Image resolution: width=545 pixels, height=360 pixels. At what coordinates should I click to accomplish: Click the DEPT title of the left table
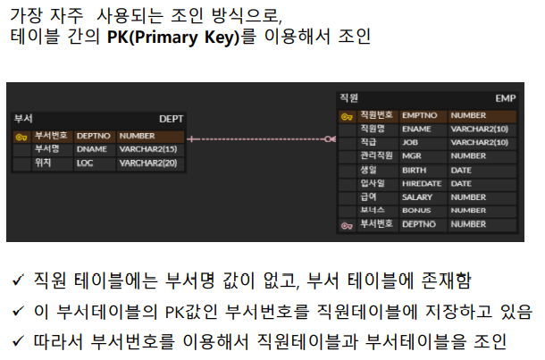coord(171,118)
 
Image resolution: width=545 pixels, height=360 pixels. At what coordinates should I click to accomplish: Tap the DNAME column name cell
coord(92,149)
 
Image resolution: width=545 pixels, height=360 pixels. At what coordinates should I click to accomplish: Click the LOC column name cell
coord(85,163)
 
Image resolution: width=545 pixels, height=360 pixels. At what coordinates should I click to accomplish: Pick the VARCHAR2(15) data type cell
coord(147,149)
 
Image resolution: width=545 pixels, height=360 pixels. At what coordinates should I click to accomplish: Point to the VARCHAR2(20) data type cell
coord(147,163)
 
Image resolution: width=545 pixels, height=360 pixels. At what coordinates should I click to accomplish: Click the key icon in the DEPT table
coord(21,137)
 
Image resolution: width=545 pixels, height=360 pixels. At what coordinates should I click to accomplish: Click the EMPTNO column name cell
coord(418,115)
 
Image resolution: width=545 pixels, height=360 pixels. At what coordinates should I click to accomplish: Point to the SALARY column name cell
coord(417,197)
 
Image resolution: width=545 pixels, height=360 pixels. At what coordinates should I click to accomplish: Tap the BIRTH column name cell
coord(414,170)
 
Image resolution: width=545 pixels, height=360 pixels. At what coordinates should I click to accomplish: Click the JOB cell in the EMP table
coord(410,142)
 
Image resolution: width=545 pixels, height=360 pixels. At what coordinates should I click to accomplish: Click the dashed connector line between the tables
coord(259,138)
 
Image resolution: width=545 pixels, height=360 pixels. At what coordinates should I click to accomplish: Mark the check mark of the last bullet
coord(17,341)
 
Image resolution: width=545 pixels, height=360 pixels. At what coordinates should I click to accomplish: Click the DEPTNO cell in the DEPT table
coord(93,136)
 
